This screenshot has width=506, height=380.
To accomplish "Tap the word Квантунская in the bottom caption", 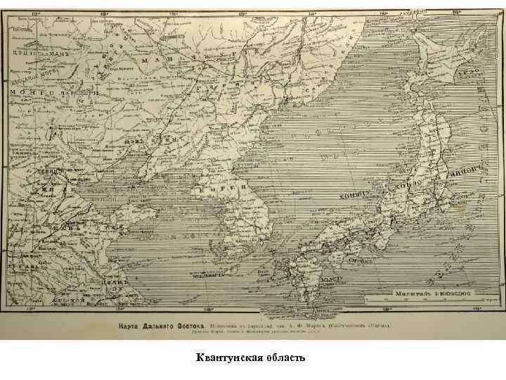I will pyautogui.click(x=224, y=359).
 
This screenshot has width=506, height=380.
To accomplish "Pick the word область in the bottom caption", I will pyautogui.click(x=282, y=359).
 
